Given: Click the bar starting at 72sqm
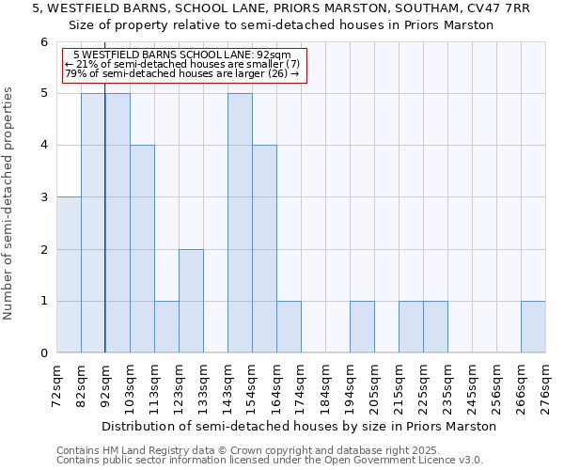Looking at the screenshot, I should tap(69, 274).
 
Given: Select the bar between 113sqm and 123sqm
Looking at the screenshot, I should tap(166, 326).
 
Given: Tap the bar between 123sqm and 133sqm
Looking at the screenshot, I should tap(191, 301).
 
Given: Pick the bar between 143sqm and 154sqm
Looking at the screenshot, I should tap(240, 223).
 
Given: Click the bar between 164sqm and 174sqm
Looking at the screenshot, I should tap(289, 326).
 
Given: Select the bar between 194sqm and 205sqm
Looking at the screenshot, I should tap(362, 326).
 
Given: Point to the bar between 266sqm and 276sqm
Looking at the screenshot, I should tap(533, 326).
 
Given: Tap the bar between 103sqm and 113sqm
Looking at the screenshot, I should tap(142, 249).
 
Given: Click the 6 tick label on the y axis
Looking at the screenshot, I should tap(43, 42).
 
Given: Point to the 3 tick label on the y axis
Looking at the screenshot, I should tap(43, 197).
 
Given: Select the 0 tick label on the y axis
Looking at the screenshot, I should tap(43, 353).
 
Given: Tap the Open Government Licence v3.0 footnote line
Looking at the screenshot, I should tap(270, 461).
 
